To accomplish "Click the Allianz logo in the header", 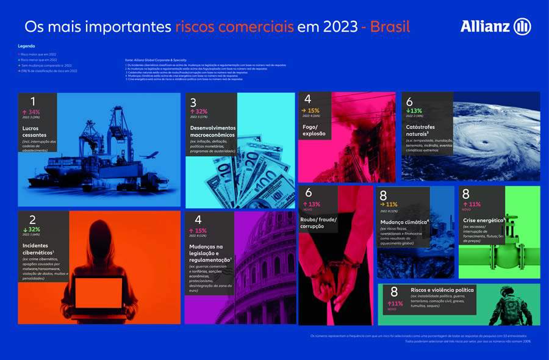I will point(495,26).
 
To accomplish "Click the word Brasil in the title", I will point(390,27).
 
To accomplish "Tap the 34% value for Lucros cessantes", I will point(32,112).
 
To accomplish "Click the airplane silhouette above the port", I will point(151,156).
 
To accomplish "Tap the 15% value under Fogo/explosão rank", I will point(314,110).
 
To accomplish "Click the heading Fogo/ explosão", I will point(315,129).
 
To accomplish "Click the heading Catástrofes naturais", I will point(426,128).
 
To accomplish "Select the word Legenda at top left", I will point(27,46).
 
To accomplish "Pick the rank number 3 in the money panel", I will point(193,103).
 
